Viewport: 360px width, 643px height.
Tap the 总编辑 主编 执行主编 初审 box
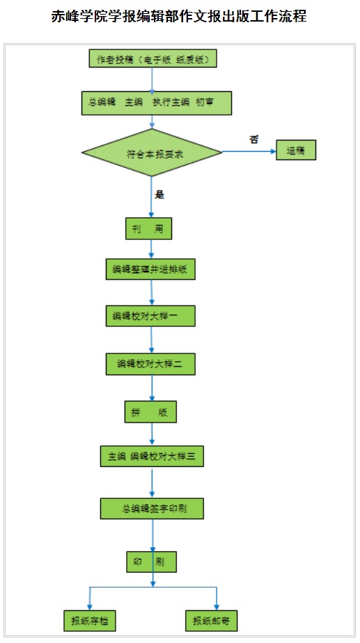click(x=156, y=103)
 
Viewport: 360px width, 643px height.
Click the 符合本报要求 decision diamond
click(x=152, y=152)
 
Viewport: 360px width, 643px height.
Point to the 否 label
click(x=253, y=138)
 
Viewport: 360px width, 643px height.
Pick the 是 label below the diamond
click(x=159, y=195)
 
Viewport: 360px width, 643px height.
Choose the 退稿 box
click(x=296, y=151)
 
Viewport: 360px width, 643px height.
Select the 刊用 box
click(x=148, y=228)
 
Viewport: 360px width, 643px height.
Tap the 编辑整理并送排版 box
click(x=150, y=269)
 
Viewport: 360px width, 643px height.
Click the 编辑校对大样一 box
click(x=150, y=316)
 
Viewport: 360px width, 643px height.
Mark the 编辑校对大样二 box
click(x=150, y=363)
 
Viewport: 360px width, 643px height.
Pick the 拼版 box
click(x=150, y=412)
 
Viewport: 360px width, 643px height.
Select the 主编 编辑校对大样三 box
click(x=152, y=457)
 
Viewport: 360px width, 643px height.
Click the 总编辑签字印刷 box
click(x=152, y=508)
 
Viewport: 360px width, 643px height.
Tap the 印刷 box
click(x=150, y=561)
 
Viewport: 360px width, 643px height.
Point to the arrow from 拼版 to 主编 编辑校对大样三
click(x=152, y=434)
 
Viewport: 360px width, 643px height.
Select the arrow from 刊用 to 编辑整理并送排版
click(x=151, y=248)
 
